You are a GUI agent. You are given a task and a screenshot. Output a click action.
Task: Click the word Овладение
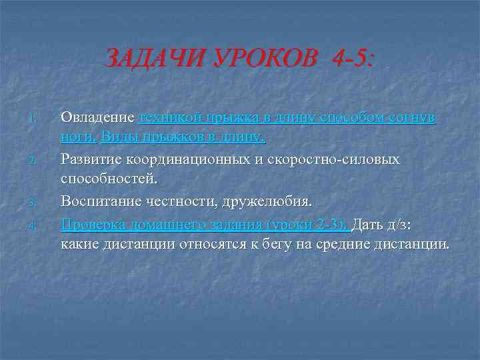[x=98, y=117]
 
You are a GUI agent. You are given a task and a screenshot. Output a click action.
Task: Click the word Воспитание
[x=102, y=201]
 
